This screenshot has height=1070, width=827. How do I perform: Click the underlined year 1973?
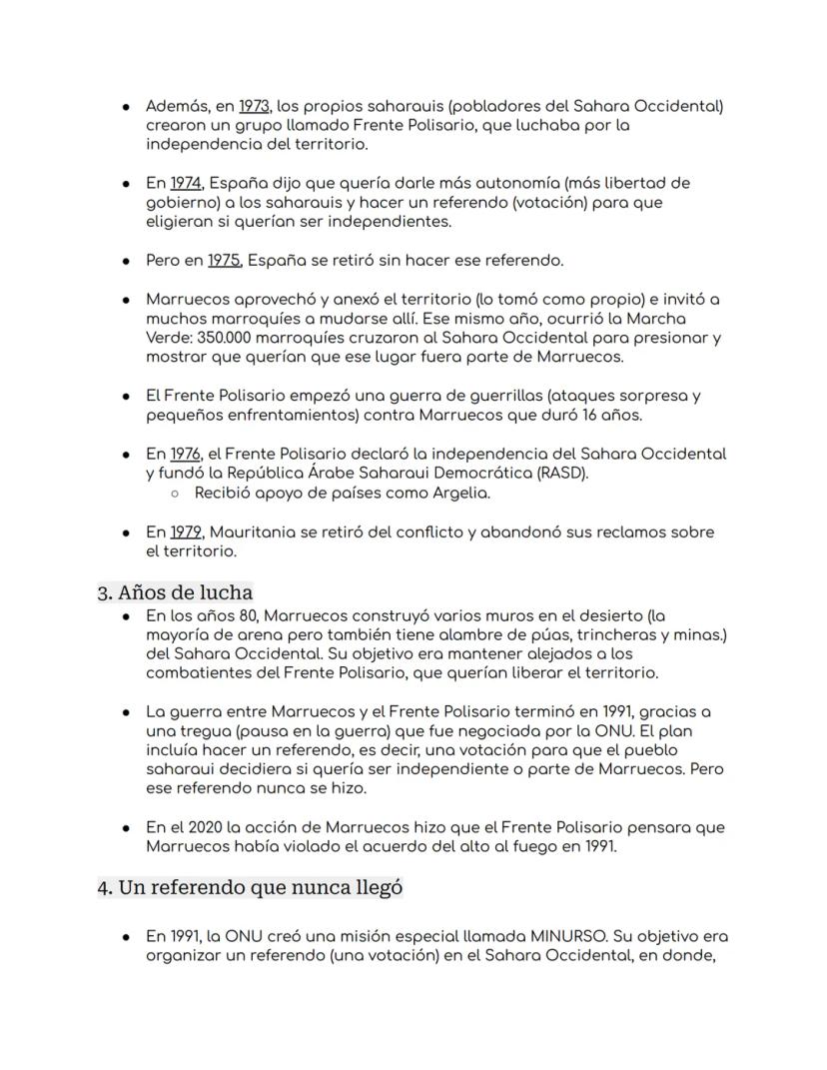[255, 106]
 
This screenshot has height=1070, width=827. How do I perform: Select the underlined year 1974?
[186, 184]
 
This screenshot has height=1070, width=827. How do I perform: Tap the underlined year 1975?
[225, 261]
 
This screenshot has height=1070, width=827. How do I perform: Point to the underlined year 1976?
[186, 454]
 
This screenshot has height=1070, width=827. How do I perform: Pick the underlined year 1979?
[186, 532]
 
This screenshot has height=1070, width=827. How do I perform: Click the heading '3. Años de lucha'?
[175, 592]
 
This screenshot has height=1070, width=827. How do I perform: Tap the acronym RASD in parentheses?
[564, 473]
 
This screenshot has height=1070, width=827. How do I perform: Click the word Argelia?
[460, 493]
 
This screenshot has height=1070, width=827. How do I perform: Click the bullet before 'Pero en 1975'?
[126, 262]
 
